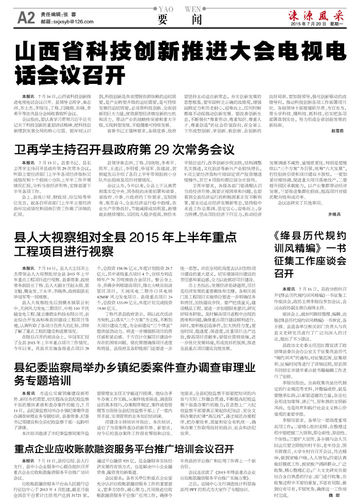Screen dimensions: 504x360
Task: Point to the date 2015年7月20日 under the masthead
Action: (x=311, y=24)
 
